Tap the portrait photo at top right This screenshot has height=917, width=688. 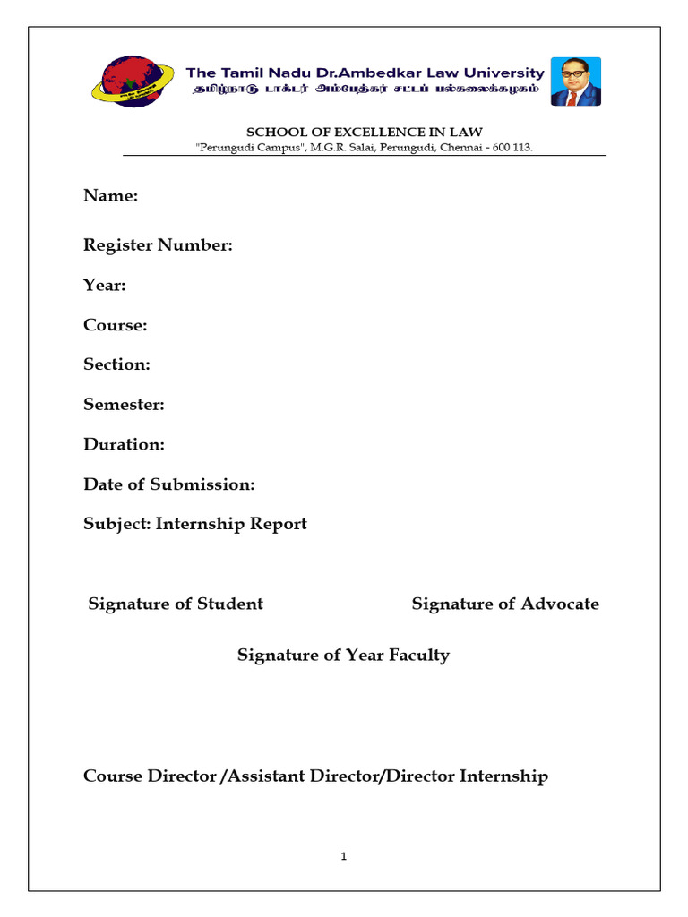click(x=574, y=82)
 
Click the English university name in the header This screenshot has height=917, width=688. click(x=364, y=73)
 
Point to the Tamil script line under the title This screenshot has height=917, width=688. click(x=364, y=90)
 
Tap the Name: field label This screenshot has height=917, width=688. click(x=110, y=196)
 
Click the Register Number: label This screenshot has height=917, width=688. click(x=158, y=245)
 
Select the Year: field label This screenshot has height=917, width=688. click(x=105, y=286)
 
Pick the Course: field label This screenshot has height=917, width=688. click(x=115, y=325)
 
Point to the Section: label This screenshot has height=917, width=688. click(x=116, y=364)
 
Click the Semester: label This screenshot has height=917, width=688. click(x=124, y=405)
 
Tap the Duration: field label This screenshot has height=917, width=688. click(x=124, y=444)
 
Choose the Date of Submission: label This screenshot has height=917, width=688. click(x=168, y=484)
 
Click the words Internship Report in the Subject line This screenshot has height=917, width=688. click(x=231, y=524)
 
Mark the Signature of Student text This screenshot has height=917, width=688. click(x=176, y=604)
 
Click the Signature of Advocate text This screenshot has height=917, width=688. click(x=505, y=604)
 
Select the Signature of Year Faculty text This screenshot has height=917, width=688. click(x=343, y=656)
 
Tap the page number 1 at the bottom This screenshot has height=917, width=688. click(x=343, y=856)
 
